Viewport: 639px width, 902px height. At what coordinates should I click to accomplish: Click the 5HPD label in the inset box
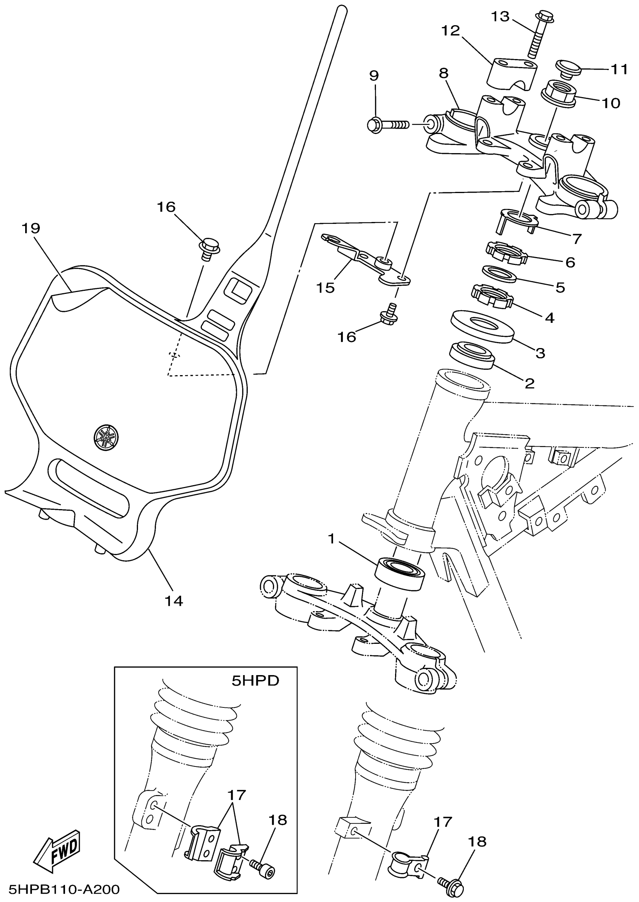coord(255,681)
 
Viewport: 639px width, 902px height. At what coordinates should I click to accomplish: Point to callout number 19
coord(32,228)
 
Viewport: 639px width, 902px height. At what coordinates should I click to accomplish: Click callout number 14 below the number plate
coord(174,601)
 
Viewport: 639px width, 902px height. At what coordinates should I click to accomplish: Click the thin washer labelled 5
coord(499,274)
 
